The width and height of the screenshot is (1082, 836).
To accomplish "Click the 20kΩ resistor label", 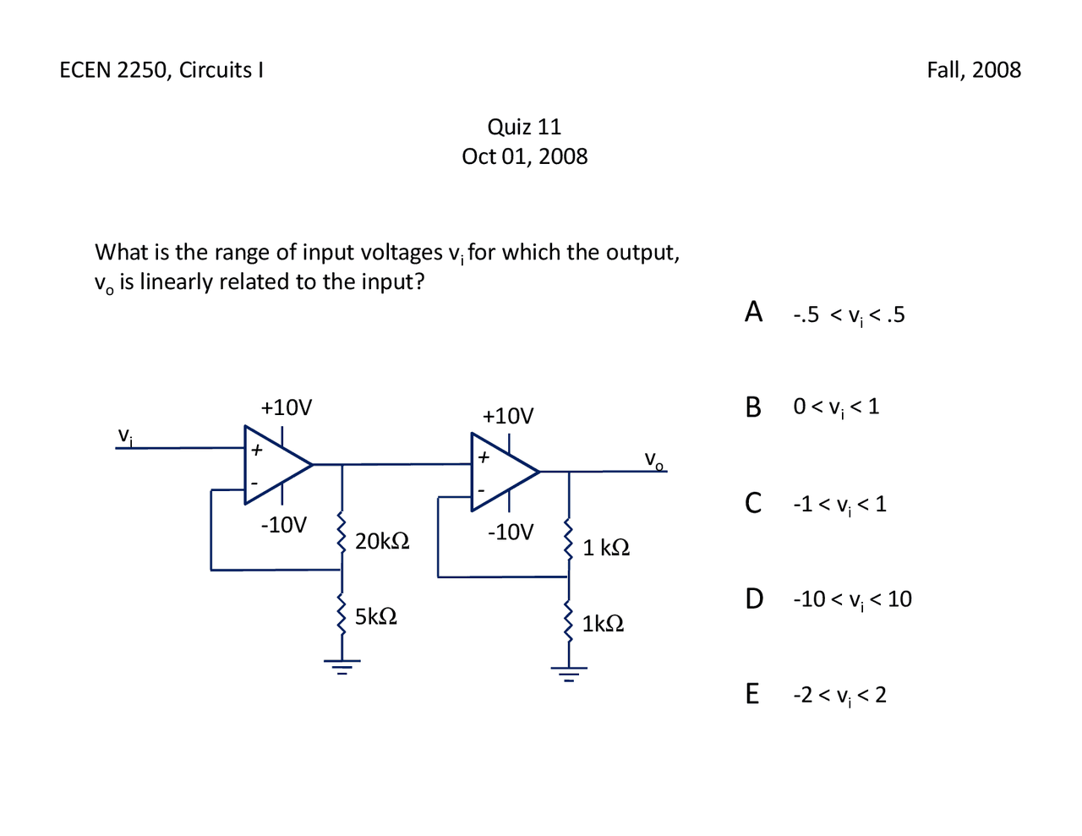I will pyautogui.click(x=382, y=541).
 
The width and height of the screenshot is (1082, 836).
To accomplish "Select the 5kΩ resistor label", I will pyautogui.click(x=376, y=616).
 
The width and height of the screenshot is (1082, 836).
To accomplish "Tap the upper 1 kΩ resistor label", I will pyautogui.click(x=606, y=548).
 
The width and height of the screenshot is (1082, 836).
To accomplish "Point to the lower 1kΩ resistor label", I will pyautogui.click(x=603, y=624).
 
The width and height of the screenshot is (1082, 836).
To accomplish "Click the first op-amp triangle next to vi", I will pyautogui.click(x=274, y=465).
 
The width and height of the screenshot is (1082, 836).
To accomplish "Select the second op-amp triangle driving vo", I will pyautogui.click(x=501, y=472).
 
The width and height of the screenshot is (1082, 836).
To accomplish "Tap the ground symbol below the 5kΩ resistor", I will pyautogui.click(x=342, y=665).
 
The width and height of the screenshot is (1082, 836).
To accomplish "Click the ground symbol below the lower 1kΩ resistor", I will pyautogui.click(x=569, y=674).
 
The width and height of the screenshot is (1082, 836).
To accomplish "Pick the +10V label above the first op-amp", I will pyautogui.click(x=287, y=407).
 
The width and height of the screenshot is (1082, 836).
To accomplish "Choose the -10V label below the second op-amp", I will pyautogui.click(x=511, y=533).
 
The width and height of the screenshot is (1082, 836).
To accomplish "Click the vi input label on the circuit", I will pyautogui.click(x=125, y=436).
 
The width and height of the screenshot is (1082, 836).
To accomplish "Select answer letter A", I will pyautogui.click(x=753, y=312).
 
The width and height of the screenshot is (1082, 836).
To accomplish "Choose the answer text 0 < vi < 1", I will pyautogui.click(x=836, y=407).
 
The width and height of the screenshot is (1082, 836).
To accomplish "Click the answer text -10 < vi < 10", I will pyautogui.click(x=852, y=599).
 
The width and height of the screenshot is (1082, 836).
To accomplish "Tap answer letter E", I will pyautogui.click(x=752, y=694).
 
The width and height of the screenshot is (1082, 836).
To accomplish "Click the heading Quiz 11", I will pyautogui.click(x=524, y=127).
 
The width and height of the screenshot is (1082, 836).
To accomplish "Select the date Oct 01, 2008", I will pyautogui.click(x=524, y=156).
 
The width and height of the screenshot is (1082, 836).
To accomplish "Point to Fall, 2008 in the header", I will pyautogui.click(x=974, y=69).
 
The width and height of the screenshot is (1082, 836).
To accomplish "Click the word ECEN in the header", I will pyautogui.click(x=85, y=69).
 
